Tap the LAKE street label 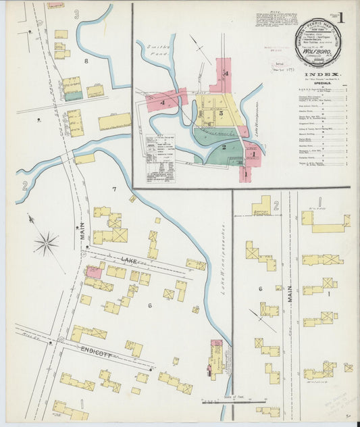click(x=129, y=260)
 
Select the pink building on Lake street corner click(x=93, y=272)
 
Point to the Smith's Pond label click(x=156, y=53)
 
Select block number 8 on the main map click(x=86, y=61)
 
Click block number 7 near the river click(x=115, y=189)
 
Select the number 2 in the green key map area click(x=224, y=145)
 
